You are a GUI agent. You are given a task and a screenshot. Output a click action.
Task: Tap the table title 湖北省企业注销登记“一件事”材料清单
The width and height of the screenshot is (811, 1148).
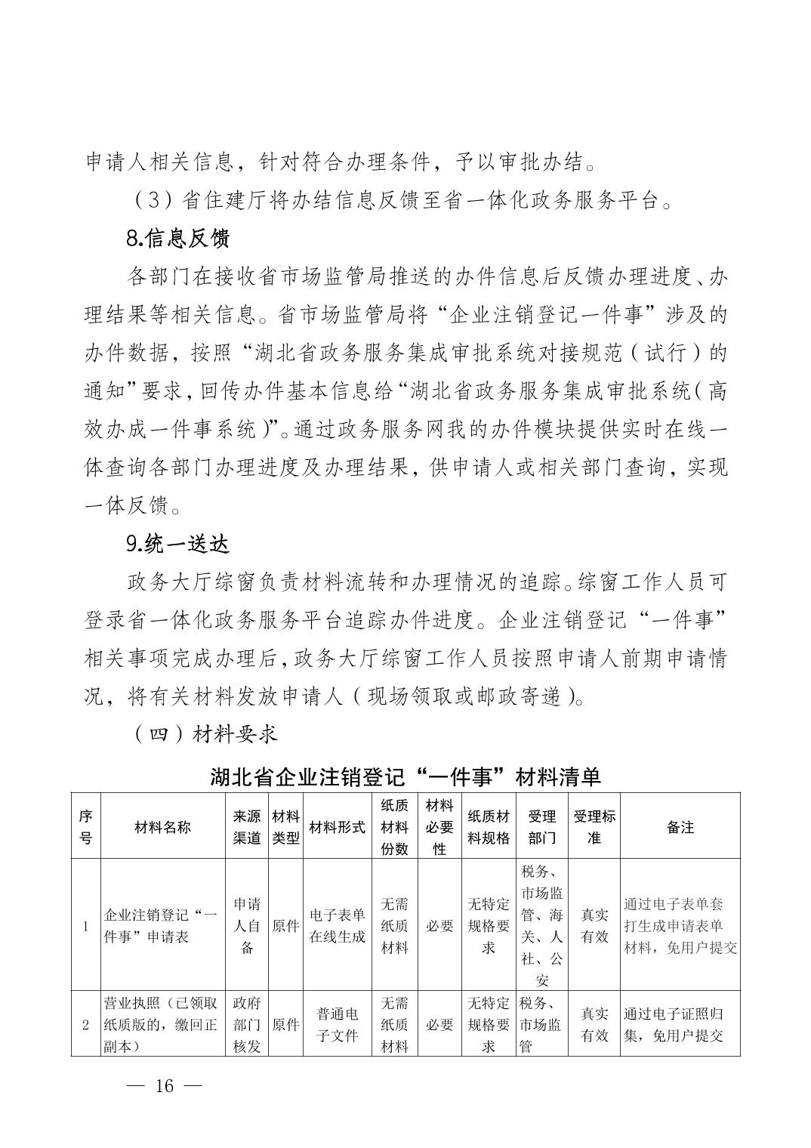(405, 776)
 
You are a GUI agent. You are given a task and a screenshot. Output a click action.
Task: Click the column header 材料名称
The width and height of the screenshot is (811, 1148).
(162, 827)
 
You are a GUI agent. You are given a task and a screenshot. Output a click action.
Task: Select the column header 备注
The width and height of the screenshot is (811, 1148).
(680, 827)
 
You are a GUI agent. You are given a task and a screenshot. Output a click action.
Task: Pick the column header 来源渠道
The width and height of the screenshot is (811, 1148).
(247, 827)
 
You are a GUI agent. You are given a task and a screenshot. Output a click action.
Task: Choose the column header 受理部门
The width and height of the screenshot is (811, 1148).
(541, 827)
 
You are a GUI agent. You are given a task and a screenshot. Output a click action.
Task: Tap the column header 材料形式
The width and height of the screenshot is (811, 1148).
(338, 827)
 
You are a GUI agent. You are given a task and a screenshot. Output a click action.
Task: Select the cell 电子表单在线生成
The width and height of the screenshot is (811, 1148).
(338, 925)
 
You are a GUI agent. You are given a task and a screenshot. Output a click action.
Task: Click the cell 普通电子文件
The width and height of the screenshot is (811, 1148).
(338, 1024)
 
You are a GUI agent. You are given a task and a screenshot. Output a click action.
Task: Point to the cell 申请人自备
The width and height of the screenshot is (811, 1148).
(247, 925)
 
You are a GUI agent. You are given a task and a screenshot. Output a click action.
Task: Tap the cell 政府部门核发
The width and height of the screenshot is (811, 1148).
(247, 1024)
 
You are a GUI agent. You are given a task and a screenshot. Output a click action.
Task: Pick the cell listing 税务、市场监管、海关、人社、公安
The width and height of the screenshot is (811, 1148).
(541, 925)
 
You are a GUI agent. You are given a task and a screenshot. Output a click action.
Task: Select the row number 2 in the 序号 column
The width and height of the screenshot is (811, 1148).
(85, 1025)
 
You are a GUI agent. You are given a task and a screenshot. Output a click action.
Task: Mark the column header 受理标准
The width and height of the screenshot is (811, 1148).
(594, 827)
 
